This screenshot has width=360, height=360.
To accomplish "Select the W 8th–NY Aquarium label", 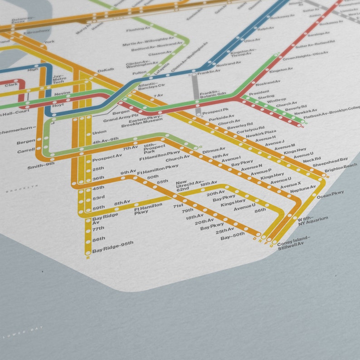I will coord(313,220).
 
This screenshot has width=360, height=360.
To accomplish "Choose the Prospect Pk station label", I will coord(216,111).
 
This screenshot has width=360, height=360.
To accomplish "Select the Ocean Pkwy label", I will coord(330,195).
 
